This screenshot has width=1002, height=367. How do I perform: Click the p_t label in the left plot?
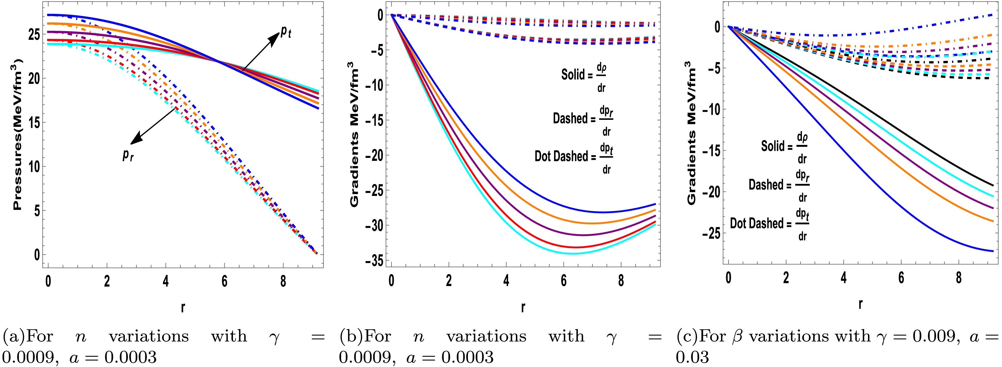click(x=286, y=33)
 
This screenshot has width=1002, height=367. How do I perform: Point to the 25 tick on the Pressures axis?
click(x=34, y=35)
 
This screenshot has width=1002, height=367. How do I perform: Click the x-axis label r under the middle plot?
click(x=523, y=307)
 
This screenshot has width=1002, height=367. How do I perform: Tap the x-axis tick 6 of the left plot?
click(x=224, y=281)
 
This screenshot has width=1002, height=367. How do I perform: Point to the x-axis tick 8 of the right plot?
click(x=958, y=277)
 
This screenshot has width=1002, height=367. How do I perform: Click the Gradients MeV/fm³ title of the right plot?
click(x=691, y=132)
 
